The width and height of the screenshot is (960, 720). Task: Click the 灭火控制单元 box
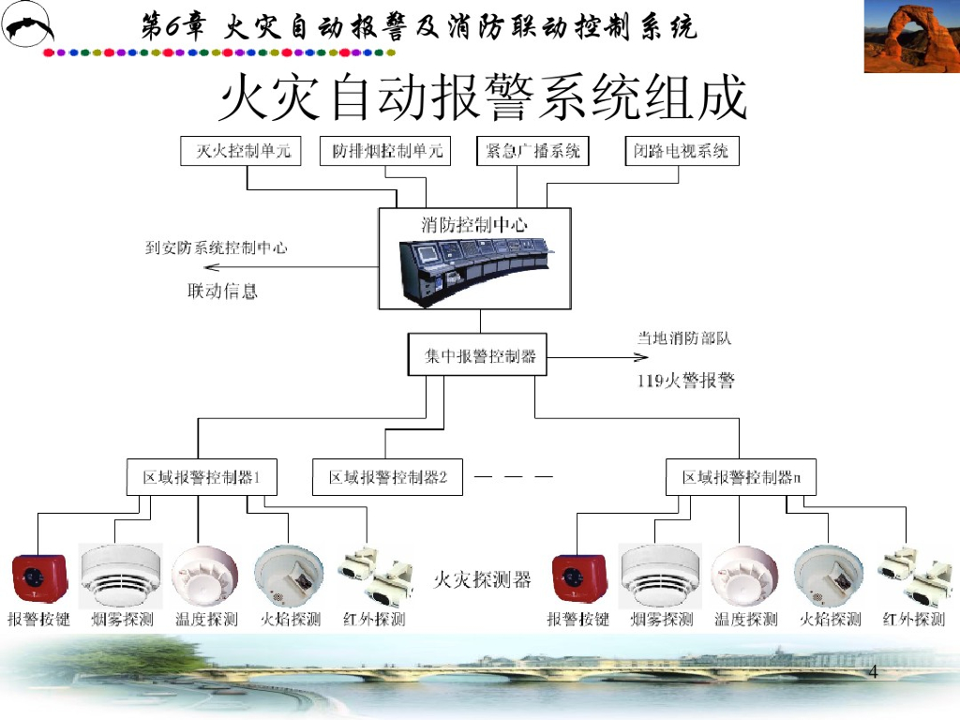pyautogui.click(x=241, y=151)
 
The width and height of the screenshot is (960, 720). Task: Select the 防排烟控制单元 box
pyautogui.click(x=387, y=151)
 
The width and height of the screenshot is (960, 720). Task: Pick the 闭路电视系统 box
pyautogui.click(x=682, y=151)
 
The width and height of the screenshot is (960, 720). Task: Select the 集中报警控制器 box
pyautogui.click(x=477, y=356)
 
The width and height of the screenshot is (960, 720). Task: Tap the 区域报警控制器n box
pyautogui.click(x=741, y=477)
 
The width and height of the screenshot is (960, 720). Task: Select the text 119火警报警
pyautogui.click(x=685, y=381)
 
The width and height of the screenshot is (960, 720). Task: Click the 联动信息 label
pyautogui.click(x=223, y=292)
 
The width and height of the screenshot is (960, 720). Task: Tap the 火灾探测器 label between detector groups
pyautogui.click(x=482, y=580)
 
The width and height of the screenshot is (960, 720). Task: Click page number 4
pyautogui.click(x=874, y=671)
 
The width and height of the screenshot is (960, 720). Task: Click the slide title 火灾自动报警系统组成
pyautogui.click(x=482, y=98)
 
